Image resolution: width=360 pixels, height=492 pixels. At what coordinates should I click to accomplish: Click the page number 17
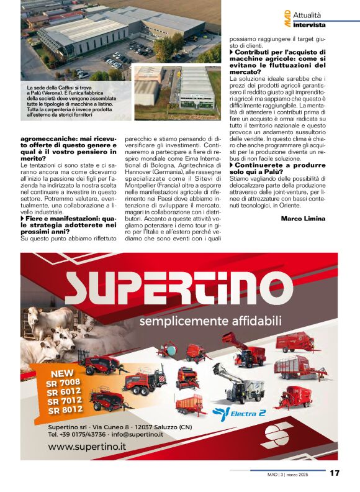[335, 473]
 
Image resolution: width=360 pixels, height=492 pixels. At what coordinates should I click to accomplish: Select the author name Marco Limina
[303, 218]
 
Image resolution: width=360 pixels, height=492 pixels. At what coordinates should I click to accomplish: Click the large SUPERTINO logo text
[179, 289]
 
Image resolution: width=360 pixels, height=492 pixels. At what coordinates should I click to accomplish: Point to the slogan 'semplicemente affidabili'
[210, 321]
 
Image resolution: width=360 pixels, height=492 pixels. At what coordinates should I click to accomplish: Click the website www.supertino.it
[87, 447]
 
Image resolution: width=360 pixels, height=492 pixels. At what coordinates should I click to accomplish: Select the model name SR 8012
[66, 409]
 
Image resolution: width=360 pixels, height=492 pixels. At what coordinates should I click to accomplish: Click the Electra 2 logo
[240, 412]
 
